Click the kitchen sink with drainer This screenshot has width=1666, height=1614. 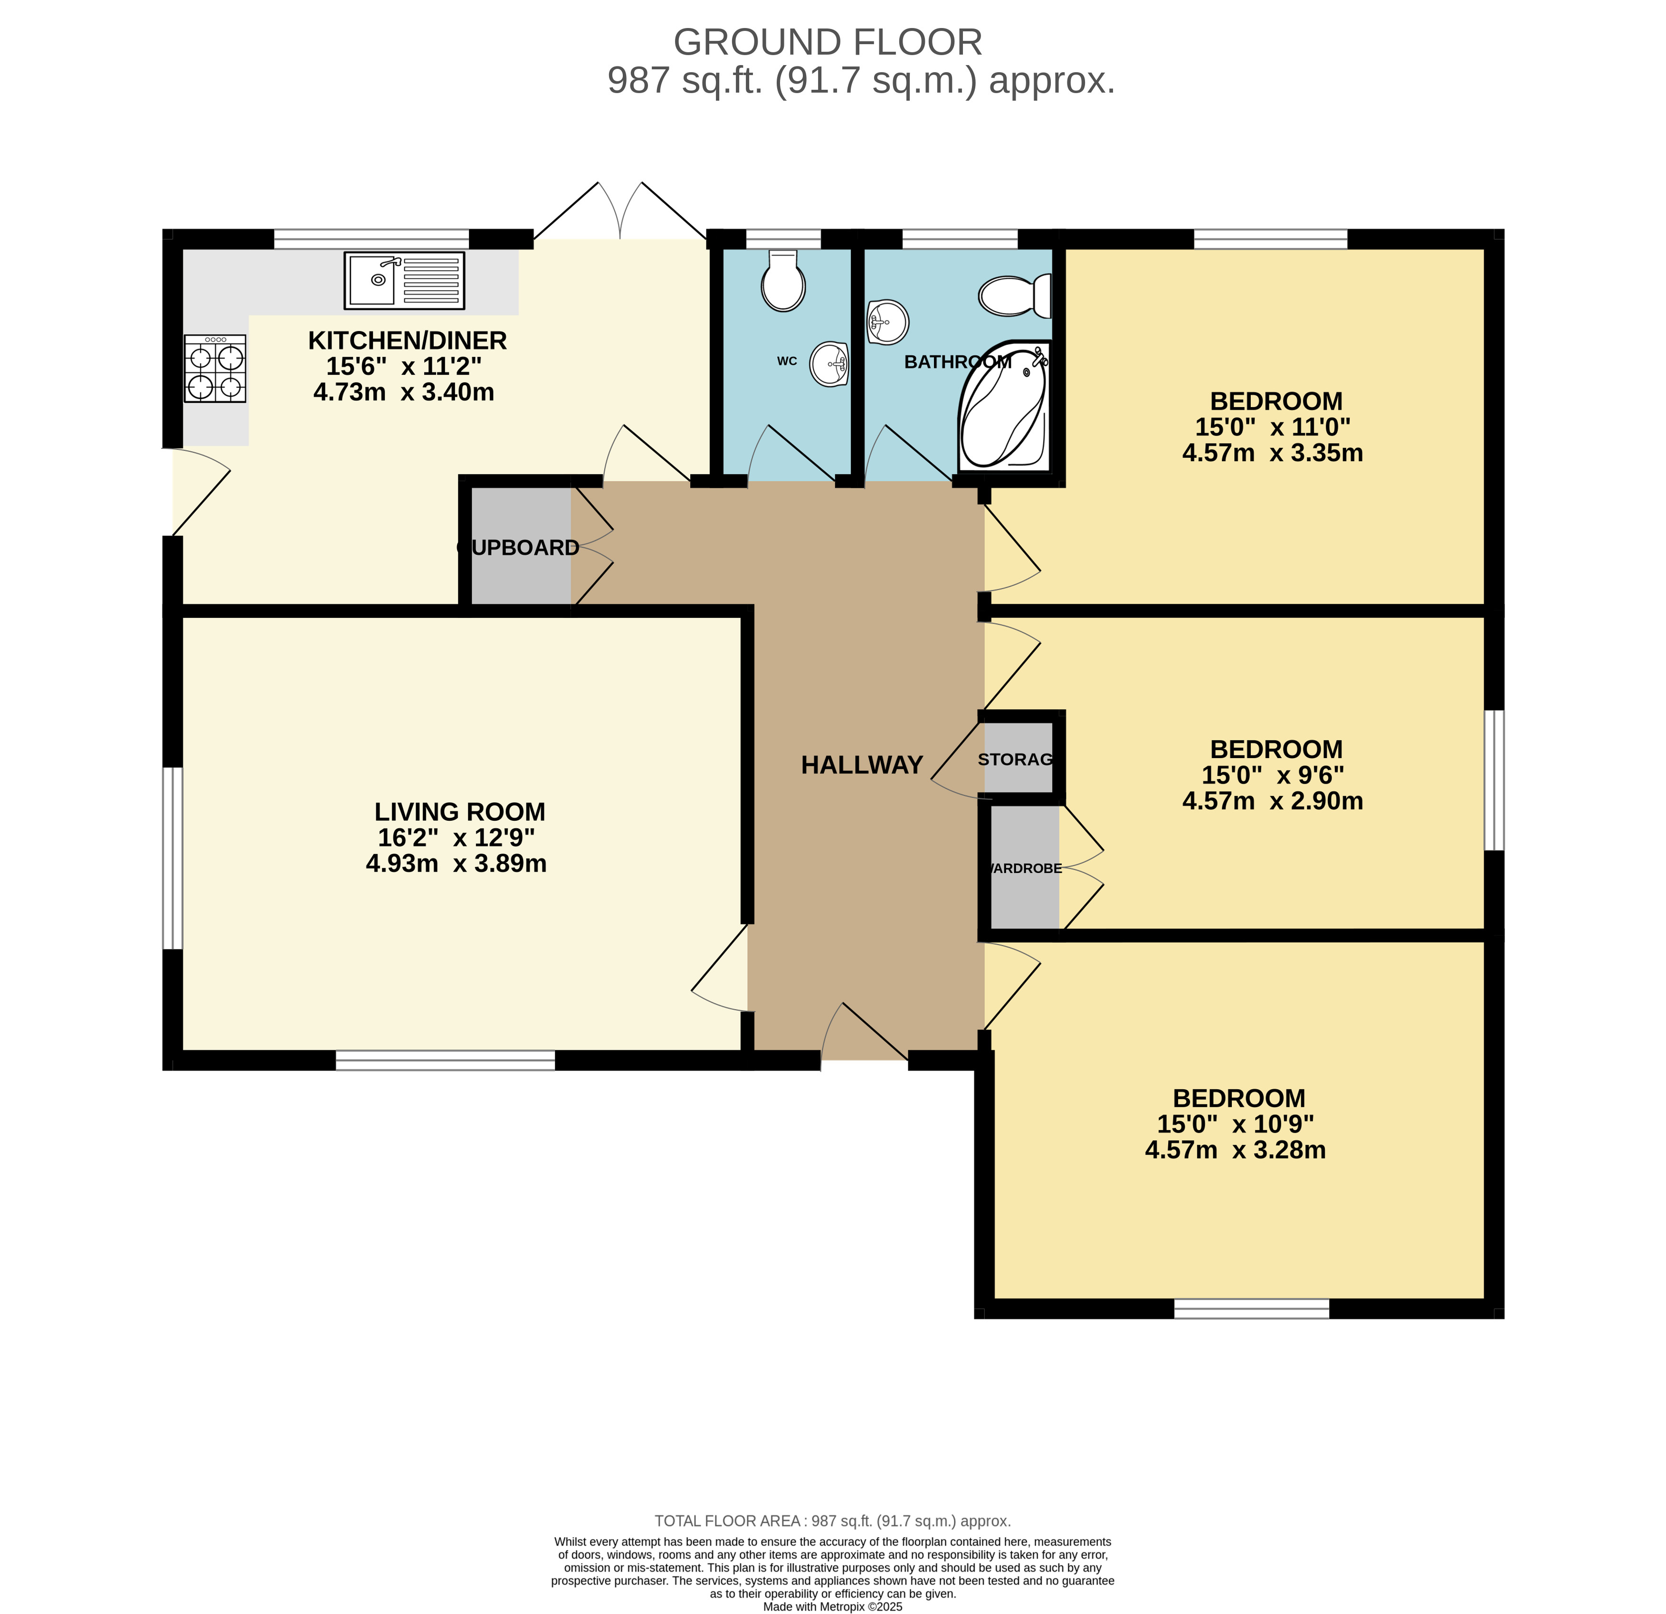pos(405,280)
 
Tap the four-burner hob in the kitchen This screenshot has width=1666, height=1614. pos(215,368)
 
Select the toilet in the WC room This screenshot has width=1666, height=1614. pos(783,280)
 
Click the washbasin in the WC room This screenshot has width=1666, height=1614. pos(829,364)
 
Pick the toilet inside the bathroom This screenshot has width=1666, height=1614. pos(1015,296)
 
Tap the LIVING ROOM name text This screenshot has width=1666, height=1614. pos(460,812)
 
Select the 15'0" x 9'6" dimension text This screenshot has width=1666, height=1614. pos(1273,775)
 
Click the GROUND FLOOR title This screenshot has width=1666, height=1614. pos(828,42)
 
